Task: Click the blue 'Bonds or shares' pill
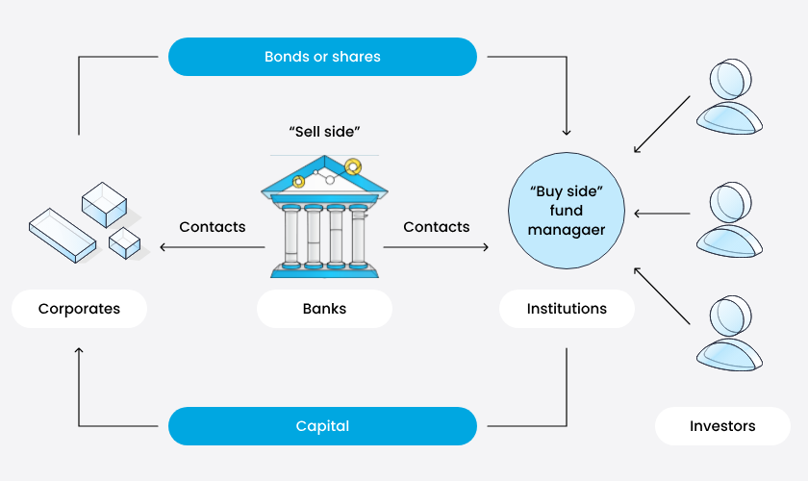322,57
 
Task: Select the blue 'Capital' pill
322,425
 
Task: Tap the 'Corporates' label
79,309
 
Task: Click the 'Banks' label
324,309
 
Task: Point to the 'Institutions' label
567,309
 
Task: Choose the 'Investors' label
722,425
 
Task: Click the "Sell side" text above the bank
324,130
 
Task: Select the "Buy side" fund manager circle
567,210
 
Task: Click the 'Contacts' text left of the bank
213,227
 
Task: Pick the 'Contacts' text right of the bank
437,227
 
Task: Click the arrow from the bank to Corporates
212,248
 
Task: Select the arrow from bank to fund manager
436,248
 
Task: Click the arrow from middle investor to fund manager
662,214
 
